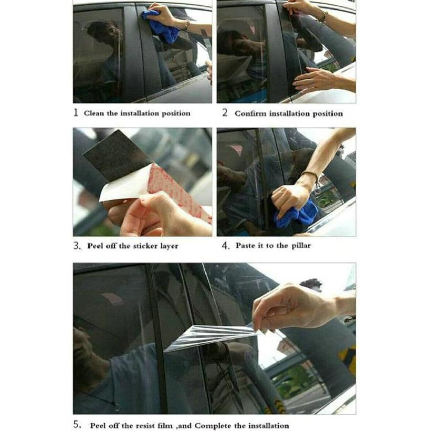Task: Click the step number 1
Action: (76, 112)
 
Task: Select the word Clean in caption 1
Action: (94, 113)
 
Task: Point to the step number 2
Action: (225, 113)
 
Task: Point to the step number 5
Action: (77, 425)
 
